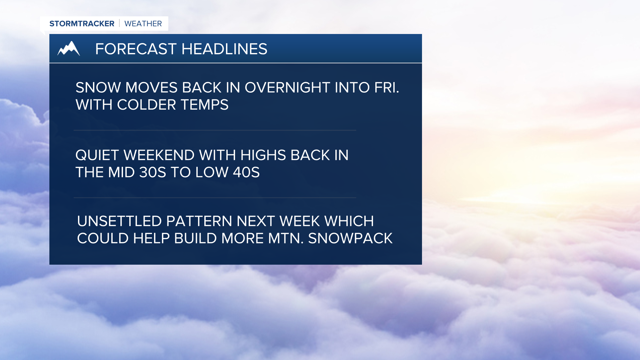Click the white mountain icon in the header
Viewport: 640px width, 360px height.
pyautogui.click(x=69, y=49)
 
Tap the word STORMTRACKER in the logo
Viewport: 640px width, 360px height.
pyautogui.click(x=82, y=24)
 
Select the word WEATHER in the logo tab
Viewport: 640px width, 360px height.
pyautogui.click(x=143, y=24)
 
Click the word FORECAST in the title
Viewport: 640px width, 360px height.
pyautogui.click(x=136, y=49)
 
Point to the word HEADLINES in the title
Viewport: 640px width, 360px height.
pyautogui.click(x=224, y=49)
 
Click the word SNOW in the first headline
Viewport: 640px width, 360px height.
pyautogui.click(x=98, y=88)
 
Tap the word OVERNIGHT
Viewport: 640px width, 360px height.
pyautogui.click(x=287, y=88)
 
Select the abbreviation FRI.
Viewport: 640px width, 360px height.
pyautogui.click(x=386, y=88)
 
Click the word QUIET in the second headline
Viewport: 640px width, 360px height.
pyautogui.click(x=97, y=155)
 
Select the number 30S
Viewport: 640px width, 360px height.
pyautogui.click(x=152, y=173)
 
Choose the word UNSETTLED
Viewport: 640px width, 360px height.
pyautogui.click(x=119, y=221)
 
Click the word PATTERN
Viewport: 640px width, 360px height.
pyautogui.click(x=199, y=221)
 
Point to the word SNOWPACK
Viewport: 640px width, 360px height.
pyautogui.click(x=350, y=239)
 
